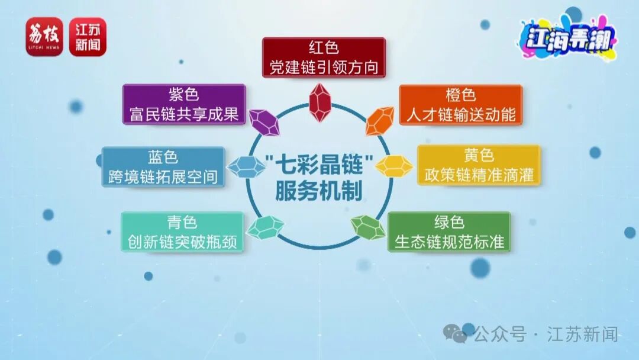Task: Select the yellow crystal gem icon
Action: click(394, 166)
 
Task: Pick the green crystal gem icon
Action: click(368, 227)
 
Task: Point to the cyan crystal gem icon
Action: click(265, 227)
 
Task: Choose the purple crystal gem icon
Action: click(264, 121)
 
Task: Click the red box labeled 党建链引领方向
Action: click(324, 57)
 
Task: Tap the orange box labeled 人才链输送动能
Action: click(460, 105)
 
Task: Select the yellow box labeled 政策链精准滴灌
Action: click(479, 166)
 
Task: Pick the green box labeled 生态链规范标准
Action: click(449, 232)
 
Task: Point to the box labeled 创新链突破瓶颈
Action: click(182, 232)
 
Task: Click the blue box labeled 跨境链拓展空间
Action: click(163, 168)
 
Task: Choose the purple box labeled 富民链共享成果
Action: click(183, 104)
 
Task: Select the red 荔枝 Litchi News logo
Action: click(44, 37)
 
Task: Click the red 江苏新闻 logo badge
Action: click(88, 37)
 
